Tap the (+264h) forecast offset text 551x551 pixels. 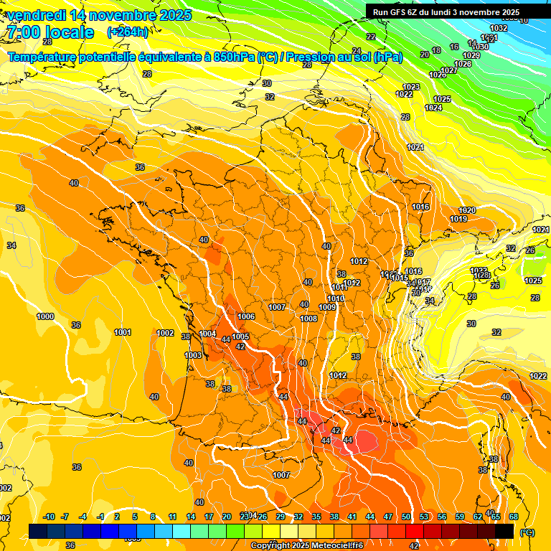[x=128, y=32]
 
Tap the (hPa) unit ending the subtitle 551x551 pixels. [x=388, y=57]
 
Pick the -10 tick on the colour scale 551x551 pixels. [x=49, y=517]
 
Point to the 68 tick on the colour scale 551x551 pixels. [x=514, y=517]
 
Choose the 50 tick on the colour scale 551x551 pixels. [x=406, y=517]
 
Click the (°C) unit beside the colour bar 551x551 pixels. [x=527, y=532]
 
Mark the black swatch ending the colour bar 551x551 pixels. [x=504, y=531]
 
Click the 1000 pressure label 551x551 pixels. [x=45, y=316]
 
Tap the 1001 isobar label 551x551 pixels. [x=123, y=332]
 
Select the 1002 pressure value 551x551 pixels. [x=166, y=333]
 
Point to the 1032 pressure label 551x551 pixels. [x=499, y=28]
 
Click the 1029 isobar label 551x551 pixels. [x=471, y=55]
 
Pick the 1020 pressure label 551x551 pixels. [x=467, y=210]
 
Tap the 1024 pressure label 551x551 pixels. [x=433, y=108]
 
